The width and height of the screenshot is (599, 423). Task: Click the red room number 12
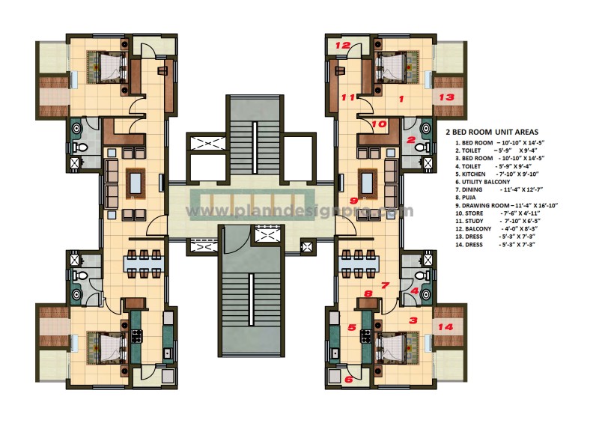[342, 46]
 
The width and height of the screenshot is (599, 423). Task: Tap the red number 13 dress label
[446, 97]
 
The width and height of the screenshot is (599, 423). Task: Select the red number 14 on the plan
[446, 327]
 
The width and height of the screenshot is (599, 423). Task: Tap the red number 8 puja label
[368, 293]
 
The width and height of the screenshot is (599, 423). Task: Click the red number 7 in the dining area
[385, 285]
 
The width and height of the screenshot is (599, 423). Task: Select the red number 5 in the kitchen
[352, 327]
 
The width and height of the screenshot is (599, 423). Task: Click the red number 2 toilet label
[411, 139]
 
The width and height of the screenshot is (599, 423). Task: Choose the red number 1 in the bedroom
[401, 98]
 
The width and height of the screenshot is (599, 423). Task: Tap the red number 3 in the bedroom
[413, 320]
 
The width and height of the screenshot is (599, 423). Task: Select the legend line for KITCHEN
[487, 174]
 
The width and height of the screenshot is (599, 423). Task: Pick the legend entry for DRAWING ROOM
[506, 205]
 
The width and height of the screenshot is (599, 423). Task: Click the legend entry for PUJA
[469, 197]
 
